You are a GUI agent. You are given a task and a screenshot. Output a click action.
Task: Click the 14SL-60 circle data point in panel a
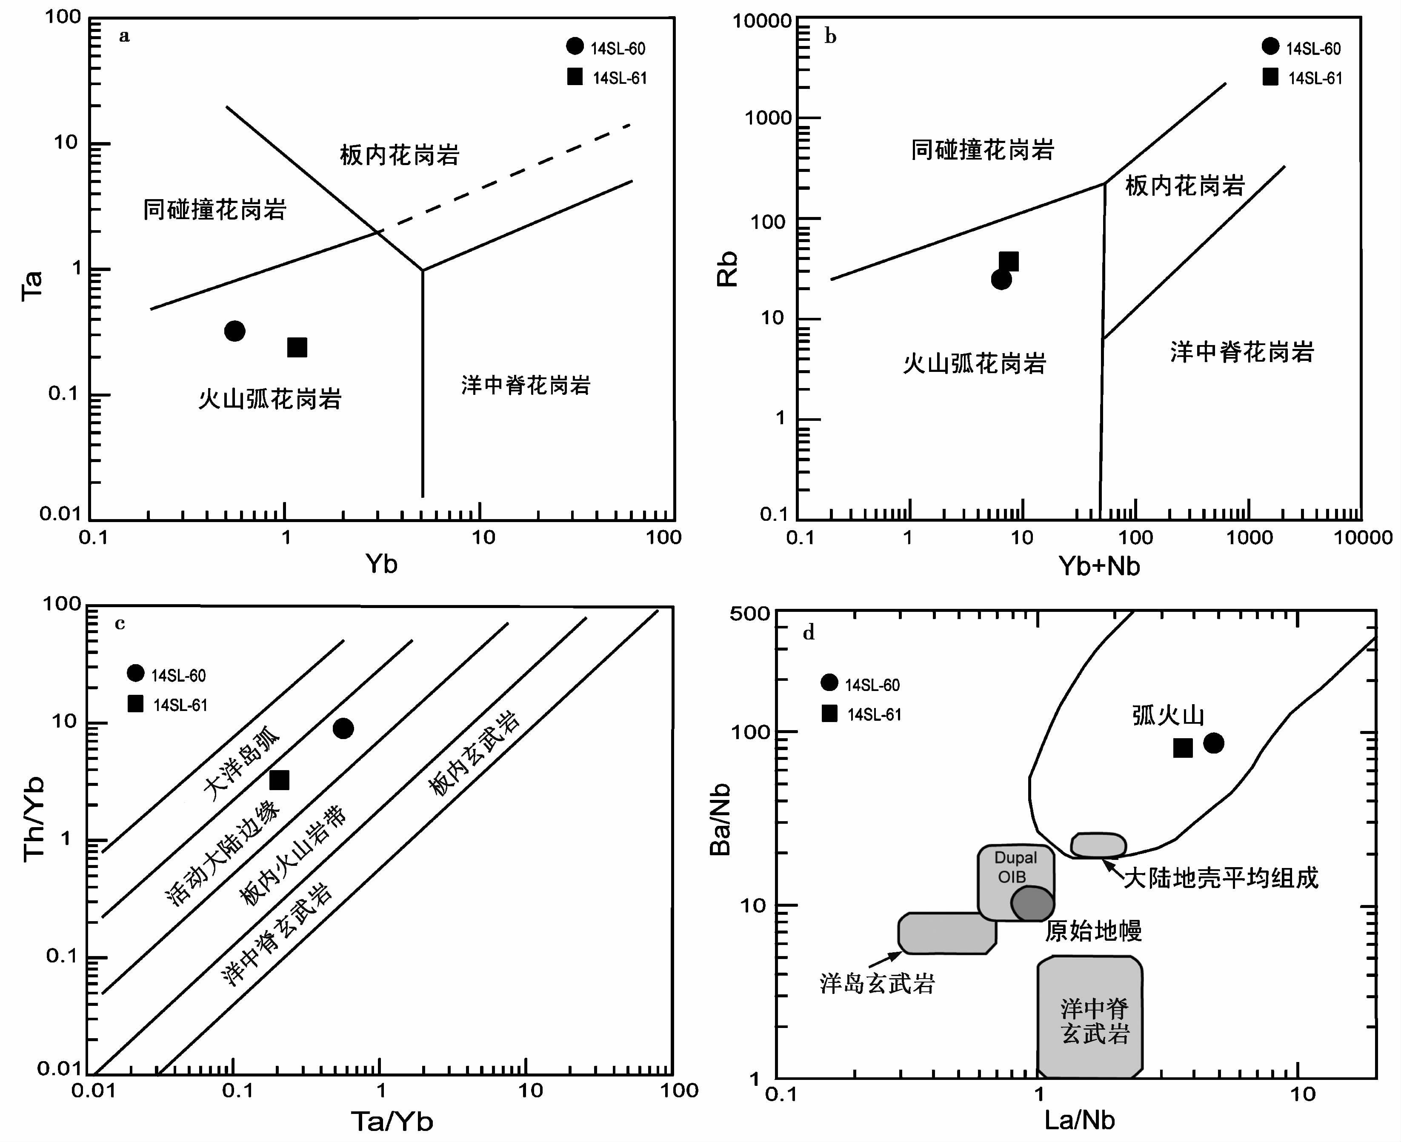(x=234, y=331)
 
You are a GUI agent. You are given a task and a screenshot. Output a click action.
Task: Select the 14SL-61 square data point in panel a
(x=297, y=347)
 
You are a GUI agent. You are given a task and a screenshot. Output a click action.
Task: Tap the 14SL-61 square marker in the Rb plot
(x=1009, y=262)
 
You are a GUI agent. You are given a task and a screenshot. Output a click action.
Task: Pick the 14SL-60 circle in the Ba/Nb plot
(x=1213, y=743)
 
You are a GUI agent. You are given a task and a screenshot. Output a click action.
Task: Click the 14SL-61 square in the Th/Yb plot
(x=280, y=780)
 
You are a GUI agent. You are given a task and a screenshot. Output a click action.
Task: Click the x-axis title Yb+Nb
(x=1099, y=566)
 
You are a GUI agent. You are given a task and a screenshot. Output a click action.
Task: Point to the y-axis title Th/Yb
(x=33, y=819)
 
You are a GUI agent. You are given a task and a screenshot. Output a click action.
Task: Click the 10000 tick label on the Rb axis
(x=762, y=21)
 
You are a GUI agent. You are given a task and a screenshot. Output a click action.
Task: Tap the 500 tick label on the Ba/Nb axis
(x=749, y=614)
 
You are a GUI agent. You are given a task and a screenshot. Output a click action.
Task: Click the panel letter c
(x=120, y=624)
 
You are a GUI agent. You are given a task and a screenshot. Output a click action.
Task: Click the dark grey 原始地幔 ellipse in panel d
(x=1032, y=904)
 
